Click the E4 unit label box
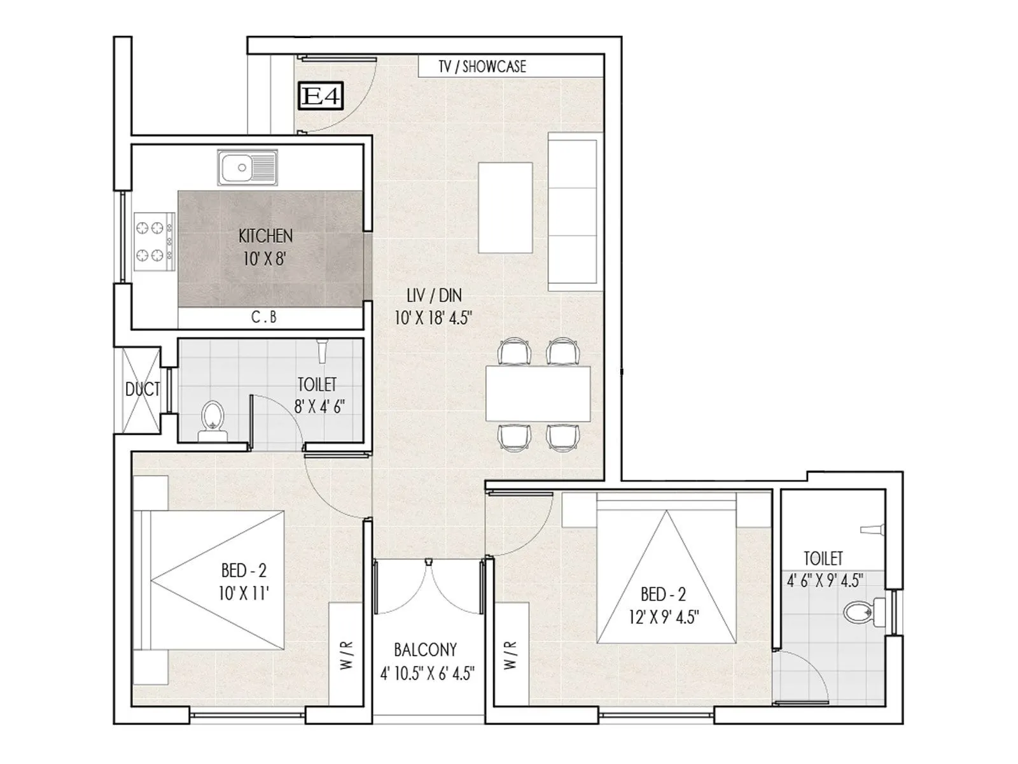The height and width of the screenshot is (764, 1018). coord(321,97)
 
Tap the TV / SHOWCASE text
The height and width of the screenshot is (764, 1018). coord(482,66)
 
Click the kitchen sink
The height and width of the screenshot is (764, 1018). coord(247,167)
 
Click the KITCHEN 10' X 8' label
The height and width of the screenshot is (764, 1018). coord(265,247)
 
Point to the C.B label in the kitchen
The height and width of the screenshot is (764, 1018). coord(264,317)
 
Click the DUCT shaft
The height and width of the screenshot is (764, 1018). coord(141,390)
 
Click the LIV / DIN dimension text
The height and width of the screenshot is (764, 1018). coord(433,307)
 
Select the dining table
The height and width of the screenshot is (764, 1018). coord(538,393)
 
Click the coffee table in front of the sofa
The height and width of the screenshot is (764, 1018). coord(506,208)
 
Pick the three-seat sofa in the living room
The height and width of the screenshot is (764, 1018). coord(574,211)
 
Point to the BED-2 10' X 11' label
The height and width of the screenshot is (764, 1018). coord(244,581)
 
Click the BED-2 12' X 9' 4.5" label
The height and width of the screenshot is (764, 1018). coord(663,605)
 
